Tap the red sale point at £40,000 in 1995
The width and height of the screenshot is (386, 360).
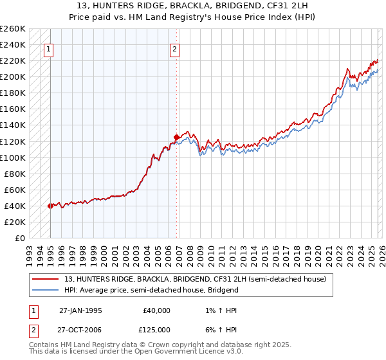coord(50,206)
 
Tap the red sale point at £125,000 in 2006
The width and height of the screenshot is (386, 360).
coord(176,137)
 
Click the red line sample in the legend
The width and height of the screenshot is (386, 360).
coord(45,279)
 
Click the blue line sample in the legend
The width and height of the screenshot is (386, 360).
coord(45,290)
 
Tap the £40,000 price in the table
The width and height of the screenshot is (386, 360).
coord(157,310)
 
